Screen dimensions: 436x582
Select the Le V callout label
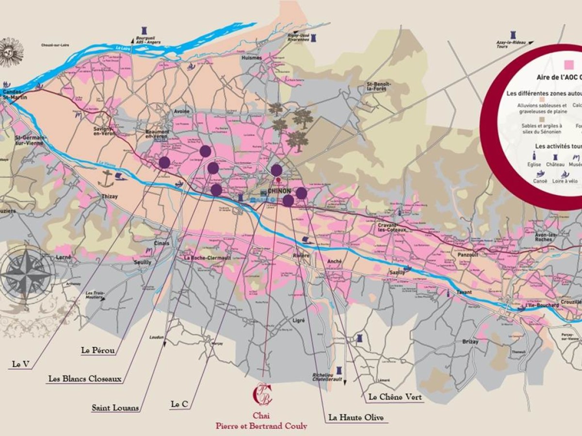coord(20,364)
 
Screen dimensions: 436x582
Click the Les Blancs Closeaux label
coord(84,379)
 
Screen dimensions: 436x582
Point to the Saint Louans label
coord(115,407)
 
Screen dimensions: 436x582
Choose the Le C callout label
coord(179,404)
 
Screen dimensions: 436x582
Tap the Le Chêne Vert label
coord(395,397)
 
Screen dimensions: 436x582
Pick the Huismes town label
coord(251,58)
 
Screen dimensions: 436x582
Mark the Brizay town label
coord(470,342)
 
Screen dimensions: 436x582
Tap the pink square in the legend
coord(569,64)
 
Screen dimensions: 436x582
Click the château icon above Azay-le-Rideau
coord(512,35)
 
